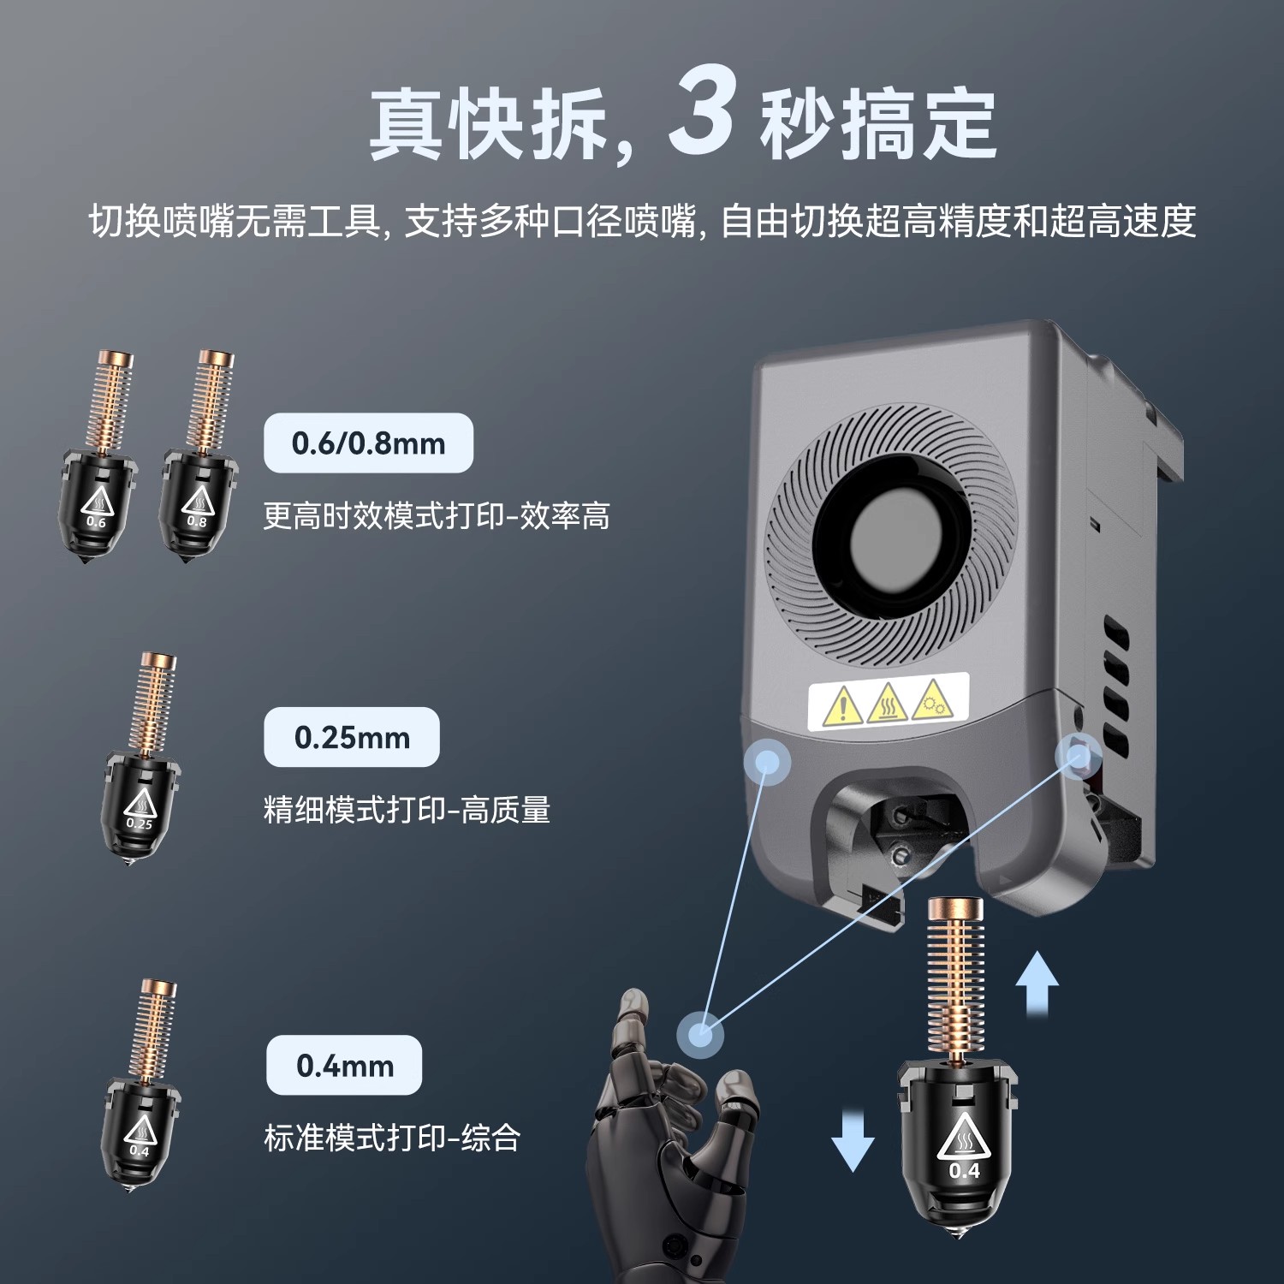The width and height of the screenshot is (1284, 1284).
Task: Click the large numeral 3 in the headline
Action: click(x=701, y=111)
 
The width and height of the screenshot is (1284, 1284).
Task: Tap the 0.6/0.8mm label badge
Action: click(x=368, y=443)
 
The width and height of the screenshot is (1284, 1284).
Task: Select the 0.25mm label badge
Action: click(x=352, y=737)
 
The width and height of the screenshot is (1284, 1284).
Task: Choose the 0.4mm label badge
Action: click(x=344, y=1066)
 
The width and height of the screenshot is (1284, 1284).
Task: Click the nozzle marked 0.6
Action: click(x=98, y=479)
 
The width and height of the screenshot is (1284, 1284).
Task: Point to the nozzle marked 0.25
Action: click(x=141, y=779)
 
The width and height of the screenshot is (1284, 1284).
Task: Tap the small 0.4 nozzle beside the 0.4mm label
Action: click(x=140, y=1104)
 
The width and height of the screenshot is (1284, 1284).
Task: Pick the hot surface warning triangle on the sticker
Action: click(x=888, y=704)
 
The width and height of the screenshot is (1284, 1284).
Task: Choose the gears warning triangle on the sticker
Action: click(x=932, y=699)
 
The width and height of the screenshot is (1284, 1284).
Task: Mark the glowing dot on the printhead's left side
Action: click(x=767, y=761)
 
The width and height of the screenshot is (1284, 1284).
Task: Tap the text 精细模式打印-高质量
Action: click(x=407, y=810)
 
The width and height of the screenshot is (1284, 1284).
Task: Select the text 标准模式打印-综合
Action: click(x=392, y=1138)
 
